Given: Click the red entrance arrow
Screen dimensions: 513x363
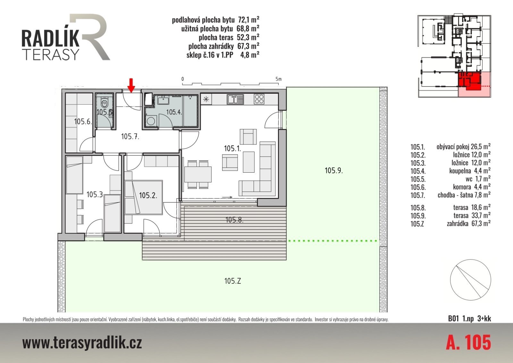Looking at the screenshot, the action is (131, 85).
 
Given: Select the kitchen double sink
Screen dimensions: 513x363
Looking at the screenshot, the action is (235, 99).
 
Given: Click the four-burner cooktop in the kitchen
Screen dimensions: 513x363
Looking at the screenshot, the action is (259, 99).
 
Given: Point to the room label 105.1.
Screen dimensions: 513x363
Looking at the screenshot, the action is (232, 148).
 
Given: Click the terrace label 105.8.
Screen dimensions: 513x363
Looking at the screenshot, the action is (234, 220).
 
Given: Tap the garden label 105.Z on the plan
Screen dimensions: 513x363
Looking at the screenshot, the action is (232, 281).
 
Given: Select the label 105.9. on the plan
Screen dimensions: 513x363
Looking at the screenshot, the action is (334, 170).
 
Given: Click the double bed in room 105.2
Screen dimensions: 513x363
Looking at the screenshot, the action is (144, 197).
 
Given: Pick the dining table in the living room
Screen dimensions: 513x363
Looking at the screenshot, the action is (198, 175).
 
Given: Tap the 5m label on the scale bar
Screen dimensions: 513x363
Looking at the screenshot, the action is (279, 79).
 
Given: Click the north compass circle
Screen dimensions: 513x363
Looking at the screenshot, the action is (470, 280).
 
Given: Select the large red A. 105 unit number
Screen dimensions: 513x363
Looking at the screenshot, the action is (468, 342).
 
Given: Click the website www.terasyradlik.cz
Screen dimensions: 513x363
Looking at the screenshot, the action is (82, 343).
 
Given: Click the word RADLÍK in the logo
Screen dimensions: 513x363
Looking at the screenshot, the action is (50, 38).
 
